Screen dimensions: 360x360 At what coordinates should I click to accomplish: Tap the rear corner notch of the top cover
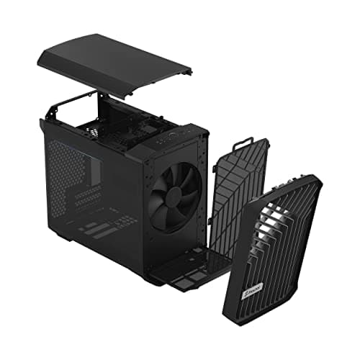[187, 72]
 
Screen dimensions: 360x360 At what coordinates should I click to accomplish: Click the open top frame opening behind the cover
[86, 119]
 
